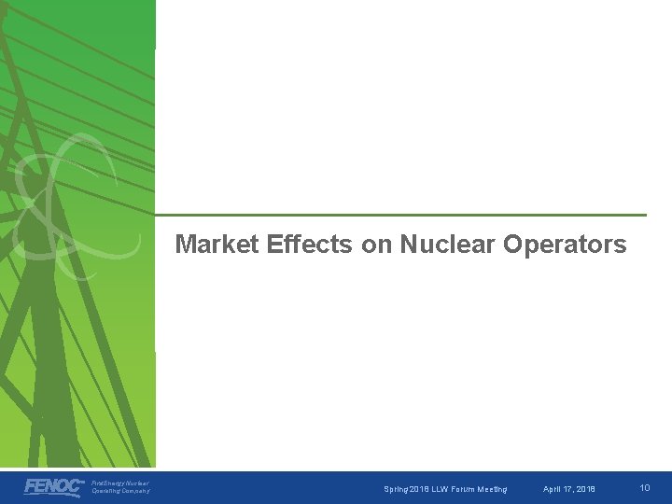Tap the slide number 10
(x=645, y=487)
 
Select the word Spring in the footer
(x=397, y=488)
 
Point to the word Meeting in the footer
(x=492, y=488)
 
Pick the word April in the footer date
(x=553, y=488)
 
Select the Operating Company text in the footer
(x=120, y=492)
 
